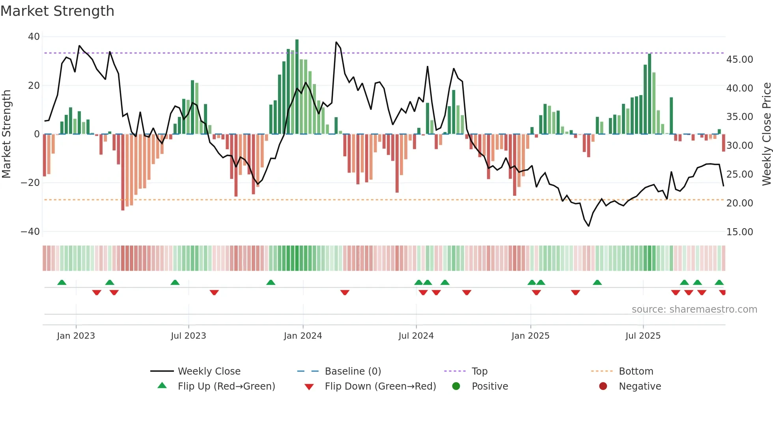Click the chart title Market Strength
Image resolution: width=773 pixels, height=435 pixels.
(57, 11)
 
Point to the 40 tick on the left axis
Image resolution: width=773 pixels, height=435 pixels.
(34, 37)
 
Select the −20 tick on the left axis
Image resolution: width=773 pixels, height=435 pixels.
(30, 183)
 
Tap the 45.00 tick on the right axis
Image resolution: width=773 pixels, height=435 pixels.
(739, 60)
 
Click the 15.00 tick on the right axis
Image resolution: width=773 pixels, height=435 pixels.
(739, 232)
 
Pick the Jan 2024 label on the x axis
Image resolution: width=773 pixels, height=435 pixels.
(302, 336)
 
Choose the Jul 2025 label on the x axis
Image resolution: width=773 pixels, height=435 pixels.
(642, 336)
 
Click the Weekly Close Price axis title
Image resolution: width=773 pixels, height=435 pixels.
(766, 134)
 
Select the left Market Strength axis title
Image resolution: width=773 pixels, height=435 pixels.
(6, 134)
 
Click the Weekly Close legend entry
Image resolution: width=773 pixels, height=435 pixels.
(209, 371)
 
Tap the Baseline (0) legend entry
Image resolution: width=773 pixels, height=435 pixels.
(353, 371)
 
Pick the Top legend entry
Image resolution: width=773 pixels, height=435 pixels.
(479, 371)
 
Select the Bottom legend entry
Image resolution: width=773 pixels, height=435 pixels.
(636, 371)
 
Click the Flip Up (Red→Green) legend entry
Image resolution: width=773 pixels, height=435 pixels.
(226, 386)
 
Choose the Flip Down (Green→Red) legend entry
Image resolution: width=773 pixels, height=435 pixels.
(380, 386)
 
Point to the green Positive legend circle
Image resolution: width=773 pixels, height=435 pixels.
(456, 386)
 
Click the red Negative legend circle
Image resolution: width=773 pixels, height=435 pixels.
(603, 386)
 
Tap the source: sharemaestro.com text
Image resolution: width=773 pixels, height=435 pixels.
(694, 309)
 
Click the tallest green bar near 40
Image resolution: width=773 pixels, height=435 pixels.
(297, 87)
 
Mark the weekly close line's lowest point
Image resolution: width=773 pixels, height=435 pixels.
(588, 226)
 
